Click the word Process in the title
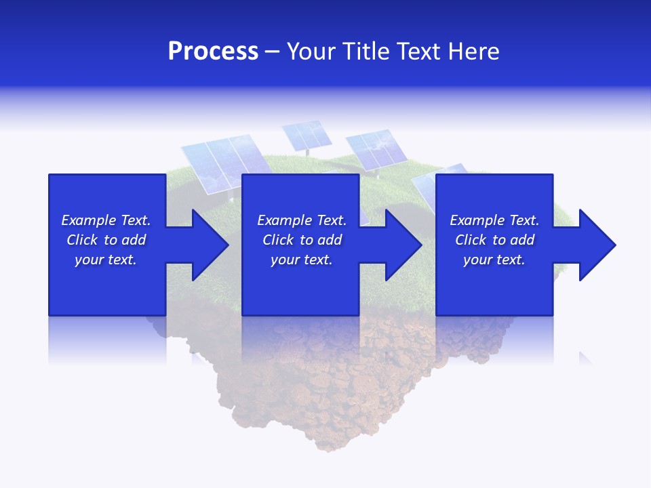pyautogui.click(x=213, y=52)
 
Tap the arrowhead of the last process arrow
pyautogui.click(x=596, y=245)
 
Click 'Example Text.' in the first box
pyautogui.click(x=106, y=220)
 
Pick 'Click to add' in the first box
pyautogui.click(x=106, y=240)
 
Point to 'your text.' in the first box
pyautogui.click(x=106, y=260)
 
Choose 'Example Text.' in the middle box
pyautogui.click(x=301, y=220)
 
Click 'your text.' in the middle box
pyautogui.click(x=301, y=260)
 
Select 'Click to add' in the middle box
pyautogui.click(x=301, y=240)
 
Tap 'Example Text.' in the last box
pyautogui.click(x=494, y=220)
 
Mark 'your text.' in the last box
pyautogui.click(x=494, y=260)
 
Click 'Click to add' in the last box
pyautogui.click(x=494, y=240)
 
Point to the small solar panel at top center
pyautogui.click(x=307, y=135)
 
